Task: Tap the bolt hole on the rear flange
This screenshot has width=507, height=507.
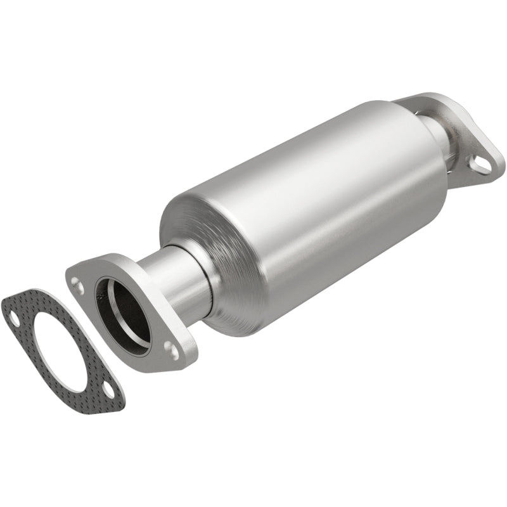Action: coord(482,163)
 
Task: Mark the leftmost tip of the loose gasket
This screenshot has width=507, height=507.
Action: coord(3,300)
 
